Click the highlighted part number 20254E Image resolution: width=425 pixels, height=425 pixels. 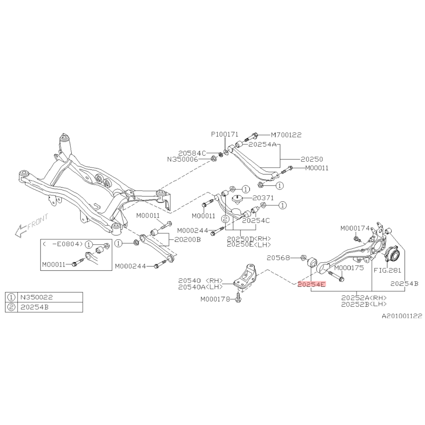coord(311,284)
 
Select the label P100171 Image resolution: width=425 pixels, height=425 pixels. coord(224,135)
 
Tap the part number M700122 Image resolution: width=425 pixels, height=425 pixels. coord(286,135)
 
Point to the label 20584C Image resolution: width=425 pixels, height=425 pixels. coord(192,153)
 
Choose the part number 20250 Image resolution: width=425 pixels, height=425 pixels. coord(312,159)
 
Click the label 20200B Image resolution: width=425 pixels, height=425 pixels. coord(186,239)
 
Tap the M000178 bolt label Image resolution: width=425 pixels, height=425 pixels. coord(215,299)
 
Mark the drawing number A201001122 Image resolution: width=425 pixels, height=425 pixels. coord(402,315)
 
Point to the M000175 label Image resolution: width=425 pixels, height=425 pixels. coord(349,268)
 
